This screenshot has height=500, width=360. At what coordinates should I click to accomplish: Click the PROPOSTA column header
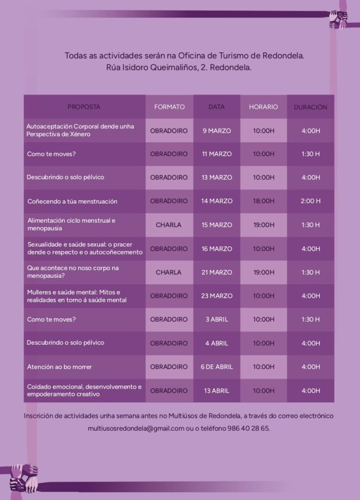coord(84,107)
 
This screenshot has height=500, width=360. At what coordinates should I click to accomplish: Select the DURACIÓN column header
coord(310,107)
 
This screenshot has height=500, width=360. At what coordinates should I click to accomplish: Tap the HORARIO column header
coord(263,107)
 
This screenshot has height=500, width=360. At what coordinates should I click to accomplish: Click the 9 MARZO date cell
coord(217,131)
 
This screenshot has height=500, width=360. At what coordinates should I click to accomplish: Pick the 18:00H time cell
coord(263,201)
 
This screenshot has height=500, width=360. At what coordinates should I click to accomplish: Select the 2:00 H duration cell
coord(311,201)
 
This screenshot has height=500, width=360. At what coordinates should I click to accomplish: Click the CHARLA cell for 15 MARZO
coord(168,225)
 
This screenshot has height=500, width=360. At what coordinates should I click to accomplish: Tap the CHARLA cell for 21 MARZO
coord(168,272)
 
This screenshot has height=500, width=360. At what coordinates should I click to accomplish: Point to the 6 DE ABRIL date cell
coord(217,367)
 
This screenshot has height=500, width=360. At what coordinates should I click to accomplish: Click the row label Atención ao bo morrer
coord(59,367)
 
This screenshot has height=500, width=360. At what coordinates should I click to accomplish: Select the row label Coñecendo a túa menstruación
coord(72,202)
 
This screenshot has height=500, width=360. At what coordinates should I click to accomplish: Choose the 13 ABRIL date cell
coord(217,391)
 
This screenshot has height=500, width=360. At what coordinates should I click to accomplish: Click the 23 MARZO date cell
coord(217,296)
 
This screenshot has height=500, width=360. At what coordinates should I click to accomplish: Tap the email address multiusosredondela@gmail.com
coord(136,429)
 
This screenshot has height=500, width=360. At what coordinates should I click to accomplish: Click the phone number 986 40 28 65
coord(248,428)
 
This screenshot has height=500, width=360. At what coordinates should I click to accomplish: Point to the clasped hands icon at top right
coord(338,19)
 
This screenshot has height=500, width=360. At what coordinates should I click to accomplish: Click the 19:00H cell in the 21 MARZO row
coord(263,272)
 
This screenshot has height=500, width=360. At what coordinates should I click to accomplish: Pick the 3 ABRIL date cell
coord(217,319)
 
